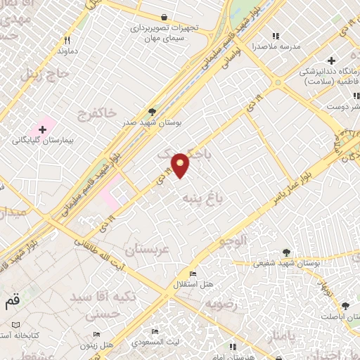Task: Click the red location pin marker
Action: click(181, 165)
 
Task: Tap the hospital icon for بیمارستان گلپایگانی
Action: click(44, 129)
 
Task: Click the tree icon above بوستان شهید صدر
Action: click(152, 111)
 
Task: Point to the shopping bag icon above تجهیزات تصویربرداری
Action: click(164, 16)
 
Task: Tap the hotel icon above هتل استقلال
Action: click(193, 274)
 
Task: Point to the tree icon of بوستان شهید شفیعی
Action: click(286, 252)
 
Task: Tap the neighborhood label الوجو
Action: click(233, 242)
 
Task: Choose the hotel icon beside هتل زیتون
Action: click(96, 335)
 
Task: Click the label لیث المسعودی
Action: click(153, 341)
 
